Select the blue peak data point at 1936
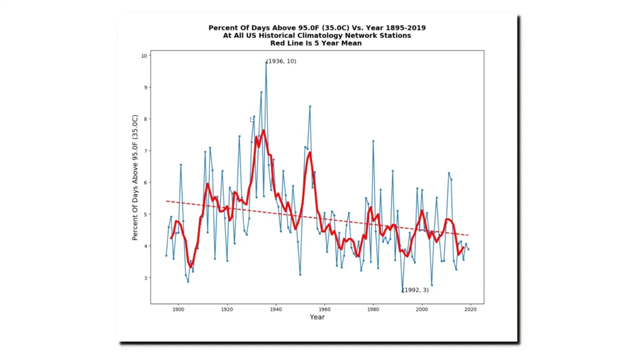pyautogui.click(x=266, y=62)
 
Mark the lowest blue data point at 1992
pyautogui.click(x=402, y=291)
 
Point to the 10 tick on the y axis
pyautogui.click(x=144, y=55)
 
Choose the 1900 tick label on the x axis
pyautogui.click(x=178, y=309)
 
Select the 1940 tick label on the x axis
pyautogui.click(x=275, y=309)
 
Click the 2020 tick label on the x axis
pyautogui.click(x=470, y=309)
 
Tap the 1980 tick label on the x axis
pyautogui.click(x=373, y=309)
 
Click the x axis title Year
pyautogui.click(x=317, y=317)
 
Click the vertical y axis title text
pyautogui.click(x=134, y=177)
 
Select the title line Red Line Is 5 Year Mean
pyautogui.click(x=316, y=43)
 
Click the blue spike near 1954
pyautogui.click(x=310, y=106)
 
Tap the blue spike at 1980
pyautogui.click(x=373, y=141)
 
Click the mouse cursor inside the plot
pyautogui.click(x=252, y=119)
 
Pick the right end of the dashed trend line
pyautogui.click(x=467, y=235)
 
